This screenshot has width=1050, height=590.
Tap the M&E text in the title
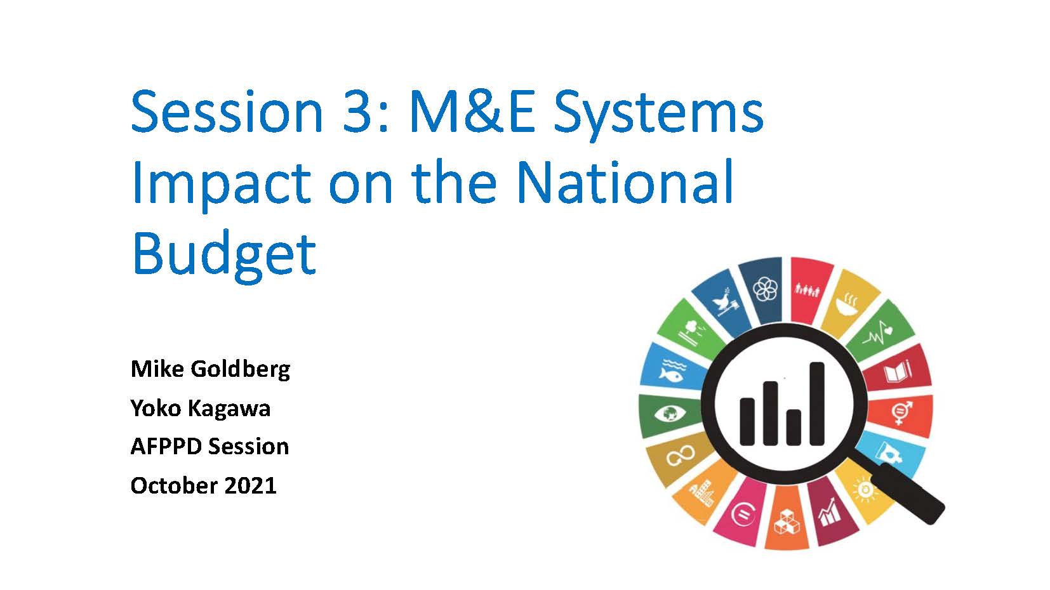click(472, 112)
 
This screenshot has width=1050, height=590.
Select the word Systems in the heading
click(658, 115)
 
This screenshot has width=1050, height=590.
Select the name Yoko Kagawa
click(201, 409)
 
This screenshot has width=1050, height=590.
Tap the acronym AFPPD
click(166, 446)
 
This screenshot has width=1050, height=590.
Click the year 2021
click(250, 485)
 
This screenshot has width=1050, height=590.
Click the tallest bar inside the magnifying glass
click(817, 403)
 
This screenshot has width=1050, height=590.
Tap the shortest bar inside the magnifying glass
click(794, 428)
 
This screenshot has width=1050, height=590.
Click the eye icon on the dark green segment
click(670, 414)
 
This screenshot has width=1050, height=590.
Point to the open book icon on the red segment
click(897, 372)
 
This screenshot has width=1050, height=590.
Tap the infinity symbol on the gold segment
click(680, 455)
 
